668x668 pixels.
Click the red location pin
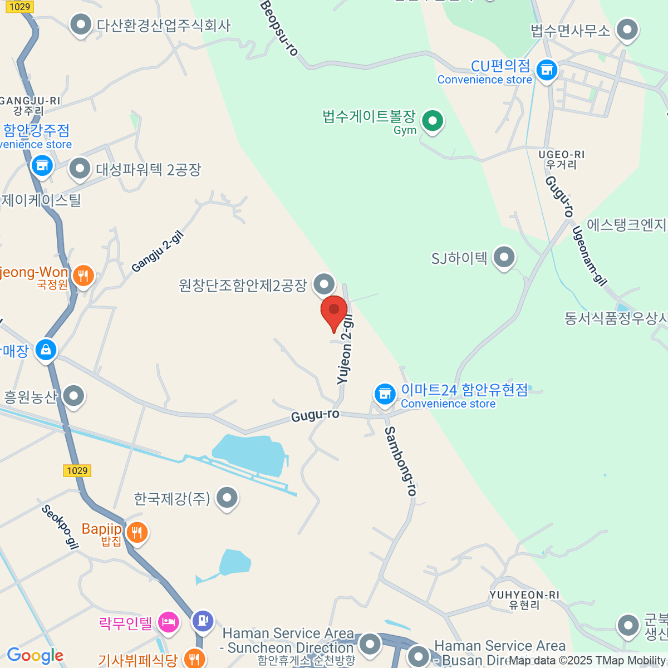coord(334,311)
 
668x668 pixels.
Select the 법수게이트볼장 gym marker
coord(432,120)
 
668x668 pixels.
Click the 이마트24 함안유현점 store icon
coord(384,394)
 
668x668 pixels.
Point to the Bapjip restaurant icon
coord(136,532)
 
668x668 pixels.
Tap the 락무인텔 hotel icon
coord(168,622)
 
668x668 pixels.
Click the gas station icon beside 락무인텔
coord(202,620)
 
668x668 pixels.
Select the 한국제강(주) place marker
coord(227,498)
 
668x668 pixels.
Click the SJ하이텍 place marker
coord(504,258)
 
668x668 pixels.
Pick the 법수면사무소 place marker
coord(628,30)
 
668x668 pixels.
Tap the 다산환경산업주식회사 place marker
coord(81,24)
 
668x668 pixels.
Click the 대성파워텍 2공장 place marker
coord(80,168)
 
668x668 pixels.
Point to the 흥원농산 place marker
coord(73,396)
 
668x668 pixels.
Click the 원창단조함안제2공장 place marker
coord(324,284)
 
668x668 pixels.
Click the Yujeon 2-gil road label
coord(346,350)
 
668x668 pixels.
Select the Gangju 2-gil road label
coord(158,252)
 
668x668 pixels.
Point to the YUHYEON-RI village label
coord(524,600)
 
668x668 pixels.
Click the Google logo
coord(35,656)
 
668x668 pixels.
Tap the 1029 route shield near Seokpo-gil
coord(77,470)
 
